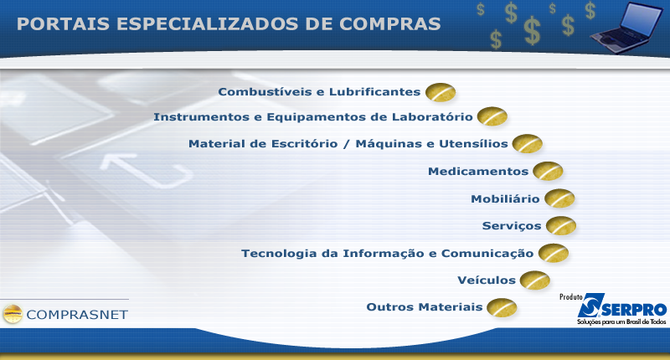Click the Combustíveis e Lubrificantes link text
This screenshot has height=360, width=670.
coord(319,92)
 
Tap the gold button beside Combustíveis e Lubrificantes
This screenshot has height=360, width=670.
coord(441,92)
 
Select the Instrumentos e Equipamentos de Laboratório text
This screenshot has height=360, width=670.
coord(313,117)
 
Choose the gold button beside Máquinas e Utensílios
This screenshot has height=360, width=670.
coord(528,144)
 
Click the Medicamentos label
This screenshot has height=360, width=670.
coord(478,172)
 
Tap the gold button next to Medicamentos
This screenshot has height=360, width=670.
coord(548,172)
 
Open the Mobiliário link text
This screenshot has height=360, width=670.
coord(505,198)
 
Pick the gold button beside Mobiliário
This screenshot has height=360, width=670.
coord(559,198)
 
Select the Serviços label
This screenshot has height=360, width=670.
coord(512,226)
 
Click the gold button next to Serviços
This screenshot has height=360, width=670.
coord(561,226)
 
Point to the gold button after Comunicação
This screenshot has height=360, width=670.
coord(554,253)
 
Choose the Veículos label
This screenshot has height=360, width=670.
coord(487,280)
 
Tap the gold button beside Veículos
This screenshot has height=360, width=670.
coord(535,280)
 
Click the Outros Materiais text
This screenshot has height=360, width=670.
coord(425,307)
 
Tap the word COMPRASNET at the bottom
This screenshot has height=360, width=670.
coord(77,315)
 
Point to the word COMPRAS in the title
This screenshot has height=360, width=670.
coord(389,24)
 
